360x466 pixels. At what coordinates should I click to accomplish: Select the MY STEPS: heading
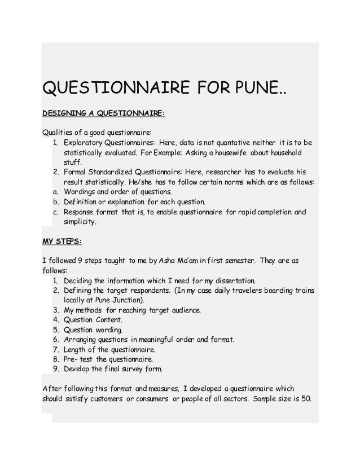point(62,242)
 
